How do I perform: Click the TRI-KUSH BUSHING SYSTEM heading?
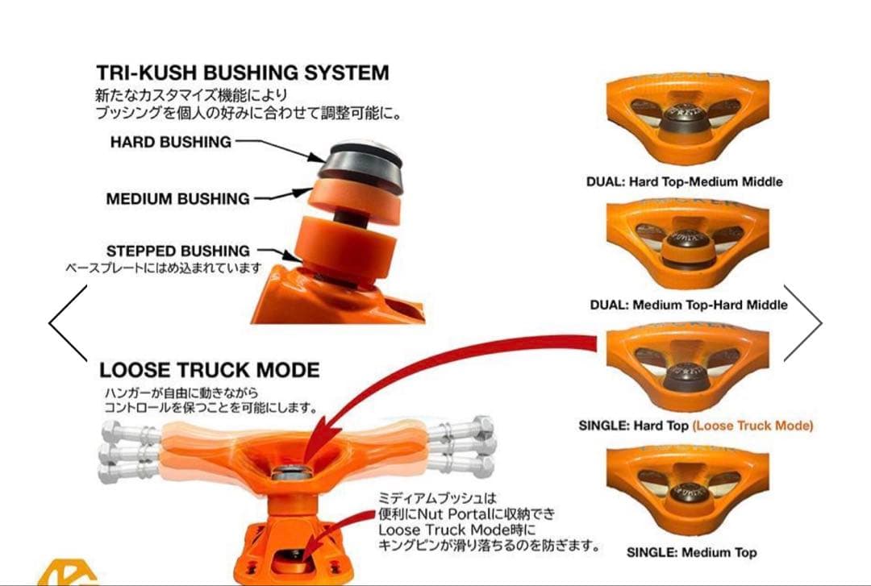(242, 73)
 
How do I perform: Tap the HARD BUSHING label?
(171, 142)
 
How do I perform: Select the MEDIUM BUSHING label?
(177, 198)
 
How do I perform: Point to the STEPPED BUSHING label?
(177, 251)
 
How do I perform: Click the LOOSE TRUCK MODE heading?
(209, 371)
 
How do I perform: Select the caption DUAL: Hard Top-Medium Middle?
(684, 182)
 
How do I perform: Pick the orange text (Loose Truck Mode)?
(752, 426)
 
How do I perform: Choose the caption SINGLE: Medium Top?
(691, 553)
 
